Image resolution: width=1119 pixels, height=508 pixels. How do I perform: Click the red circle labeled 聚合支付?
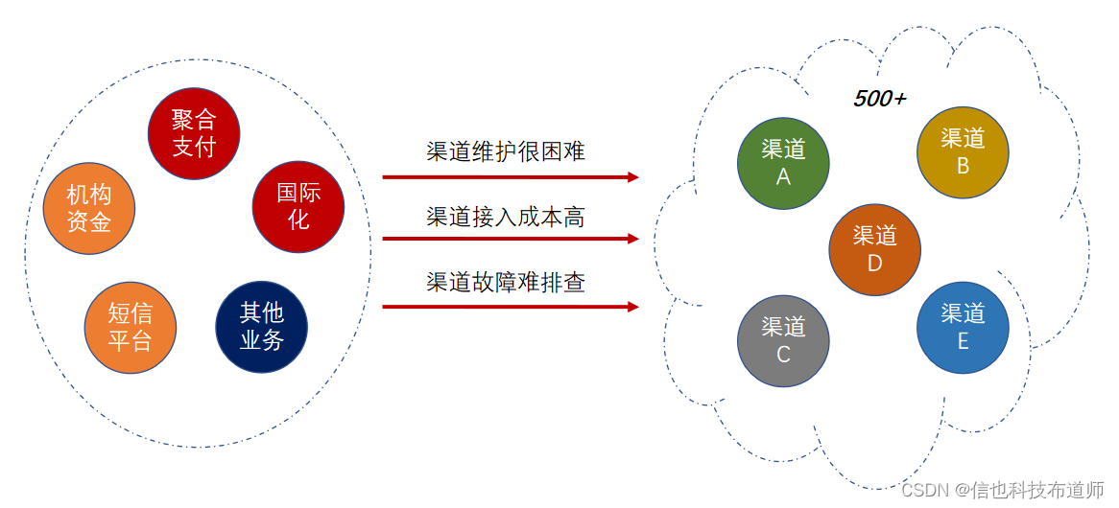pos(194,133)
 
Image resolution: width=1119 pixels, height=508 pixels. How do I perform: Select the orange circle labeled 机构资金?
pos(89,208)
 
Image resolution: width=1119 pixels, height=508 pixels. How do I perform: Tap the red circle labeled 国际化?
pos(298,206)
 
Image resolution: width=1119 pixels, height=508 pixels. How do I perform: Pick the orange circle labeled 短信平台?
pos(130,326)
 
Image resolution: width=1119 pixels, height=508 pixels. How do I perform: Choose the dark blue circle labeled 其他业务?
pos(261,326)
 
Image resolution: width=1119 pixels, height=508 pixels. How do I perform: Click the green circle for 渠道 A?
pos(783,163)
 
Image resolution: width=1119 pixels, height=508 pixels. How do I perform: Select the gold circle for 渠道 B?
pos(963,152)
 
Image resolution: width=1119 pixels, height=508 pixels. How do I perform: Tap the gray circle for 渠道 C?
pos(783,340)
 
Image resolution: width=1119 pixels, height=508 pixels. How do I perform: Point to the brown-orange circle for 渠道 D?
pos(874,249)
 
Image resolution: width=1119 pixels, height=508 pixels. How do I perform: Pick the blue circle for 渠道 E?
pos(963,327)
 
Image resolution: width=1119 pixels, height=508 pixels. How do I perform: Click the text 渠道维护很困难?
pos(506,151)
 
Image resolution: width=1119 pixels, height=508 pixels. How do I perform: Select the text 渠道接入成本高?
pos(506,218)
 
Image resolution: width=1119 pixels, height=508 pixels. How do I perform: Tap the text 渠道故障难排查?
pos(506,283)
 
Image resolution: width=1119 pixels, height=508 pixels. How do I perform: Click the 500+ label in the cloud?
pos(879,99)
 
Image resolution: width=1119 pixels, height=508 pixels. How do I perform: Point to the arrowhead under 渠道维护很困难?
pos(632,177)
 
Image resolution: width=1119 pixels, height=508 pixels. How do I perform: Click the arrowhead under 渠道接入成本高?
pos(632,239)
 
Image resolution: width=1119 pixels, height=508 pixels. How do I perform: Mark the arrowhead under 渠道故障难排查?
pos(632,307)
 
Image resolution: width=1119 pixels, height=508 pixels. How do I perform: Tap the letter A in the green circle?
pos(783,176)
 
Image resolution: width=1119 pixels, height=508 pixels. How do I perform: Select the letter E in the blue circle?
pos(963,340)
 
